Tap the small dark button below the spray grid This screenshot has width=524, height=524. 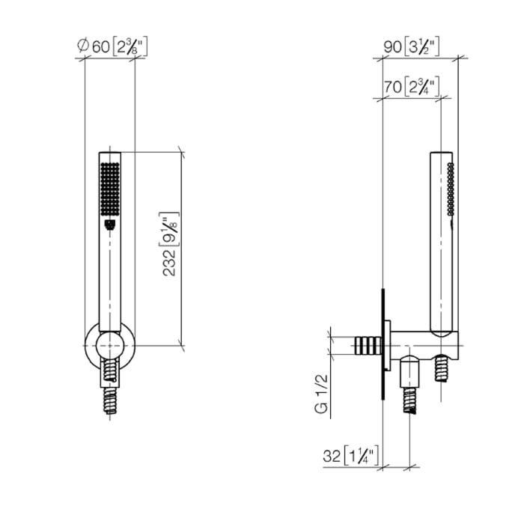pos(110,222)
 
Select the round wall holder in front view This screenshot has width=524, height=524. pos(110,345)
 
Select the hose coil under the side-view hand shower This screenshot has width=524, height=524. pos(444,369)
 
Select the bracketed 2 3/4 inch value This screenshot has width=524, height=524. pos(421,86)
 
